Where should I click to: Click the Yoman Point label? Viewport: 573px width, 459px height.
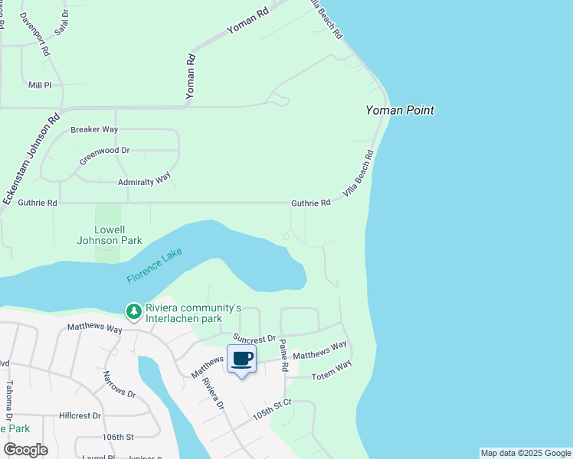pos(399,110)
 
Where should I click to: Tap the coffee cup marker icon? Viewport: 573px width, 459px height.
pos(242,359)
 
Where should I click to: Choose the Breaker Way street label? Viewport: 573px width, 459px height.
pos(94,130)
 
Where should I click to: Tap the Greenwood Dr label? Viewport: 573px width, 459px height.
pos(104,151)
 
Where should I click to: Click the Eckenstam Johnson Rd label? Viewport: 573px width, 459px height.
pos(31,158)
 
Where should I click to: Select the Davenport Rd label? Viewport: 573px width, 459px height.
pos(34,34)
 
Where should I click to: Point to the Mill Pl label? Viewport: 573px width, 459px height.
pos(40,85)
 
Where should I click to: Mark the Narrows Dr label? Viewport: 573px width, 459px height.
pos(119,385)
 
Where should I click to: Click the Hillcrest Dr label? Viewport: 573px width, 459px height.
pos(80,415)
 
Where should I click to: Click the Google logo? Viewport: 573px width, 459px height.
pos(26,450)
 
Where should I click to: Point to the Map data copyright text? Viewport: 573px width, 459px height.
pos(526,453)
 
